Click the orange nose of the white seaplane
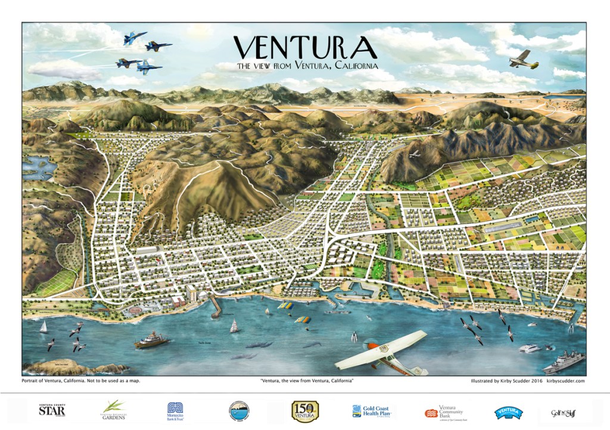tap(370, 346)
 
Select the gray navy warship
tap(563, 362)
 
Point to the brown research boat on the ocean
tap(151, 342)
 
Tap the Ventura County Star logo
tap(52, 410)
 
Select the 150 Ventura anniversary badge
tap(305, 411)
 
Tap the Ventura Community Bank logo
tap(444, 412)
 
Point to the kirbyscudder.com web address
tap(565, 380)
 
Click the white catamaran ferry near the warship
tap(529, 348)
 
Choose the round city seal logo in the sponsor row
tap(239, 411)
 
